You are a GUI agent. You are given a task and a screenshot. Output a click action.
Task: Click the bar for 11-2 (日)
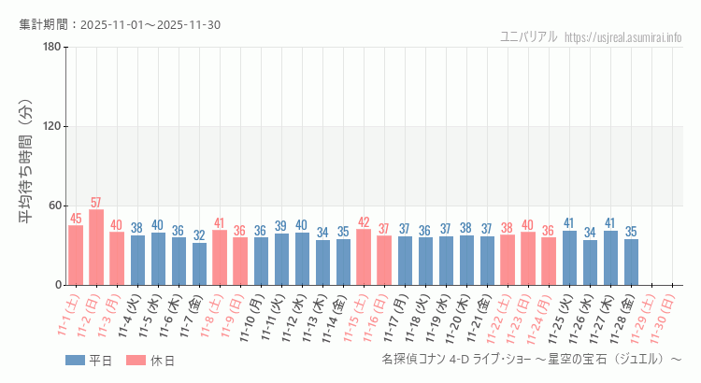coord(96,248)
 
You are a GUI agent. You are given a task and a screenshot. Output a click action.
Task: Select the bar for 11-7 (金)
coord(199,263)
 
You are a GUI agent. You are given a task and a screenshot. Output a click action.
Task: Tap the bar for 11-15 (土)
coord(364,257)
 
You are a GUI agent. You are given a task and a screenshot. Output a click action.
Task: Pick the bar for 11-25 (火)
coord(569,258)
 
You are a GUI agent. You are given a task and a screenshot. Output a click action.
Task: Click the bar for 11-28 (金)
coord(631,262)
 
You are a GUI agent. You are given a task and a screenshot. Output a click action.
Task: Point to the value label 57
coord(96,203)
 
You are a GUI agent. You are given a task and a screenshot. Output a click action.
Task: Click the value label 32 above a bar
coord(199,235)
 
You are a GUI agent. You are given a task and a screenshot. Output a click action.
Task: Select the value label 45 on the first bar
coord(76,219)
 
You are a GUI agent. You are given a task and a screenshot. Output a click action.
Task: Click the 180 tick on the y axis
coord(51,48)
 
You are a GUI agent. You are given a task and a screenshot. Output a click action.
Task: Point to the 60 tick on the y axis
coord(54,206)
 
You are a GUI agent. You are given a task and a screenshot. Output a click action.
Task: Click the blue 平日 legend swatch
coord(75,361)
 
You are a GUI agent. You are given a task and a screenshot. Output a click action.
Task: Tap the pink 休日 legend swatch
coord(136,361)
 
